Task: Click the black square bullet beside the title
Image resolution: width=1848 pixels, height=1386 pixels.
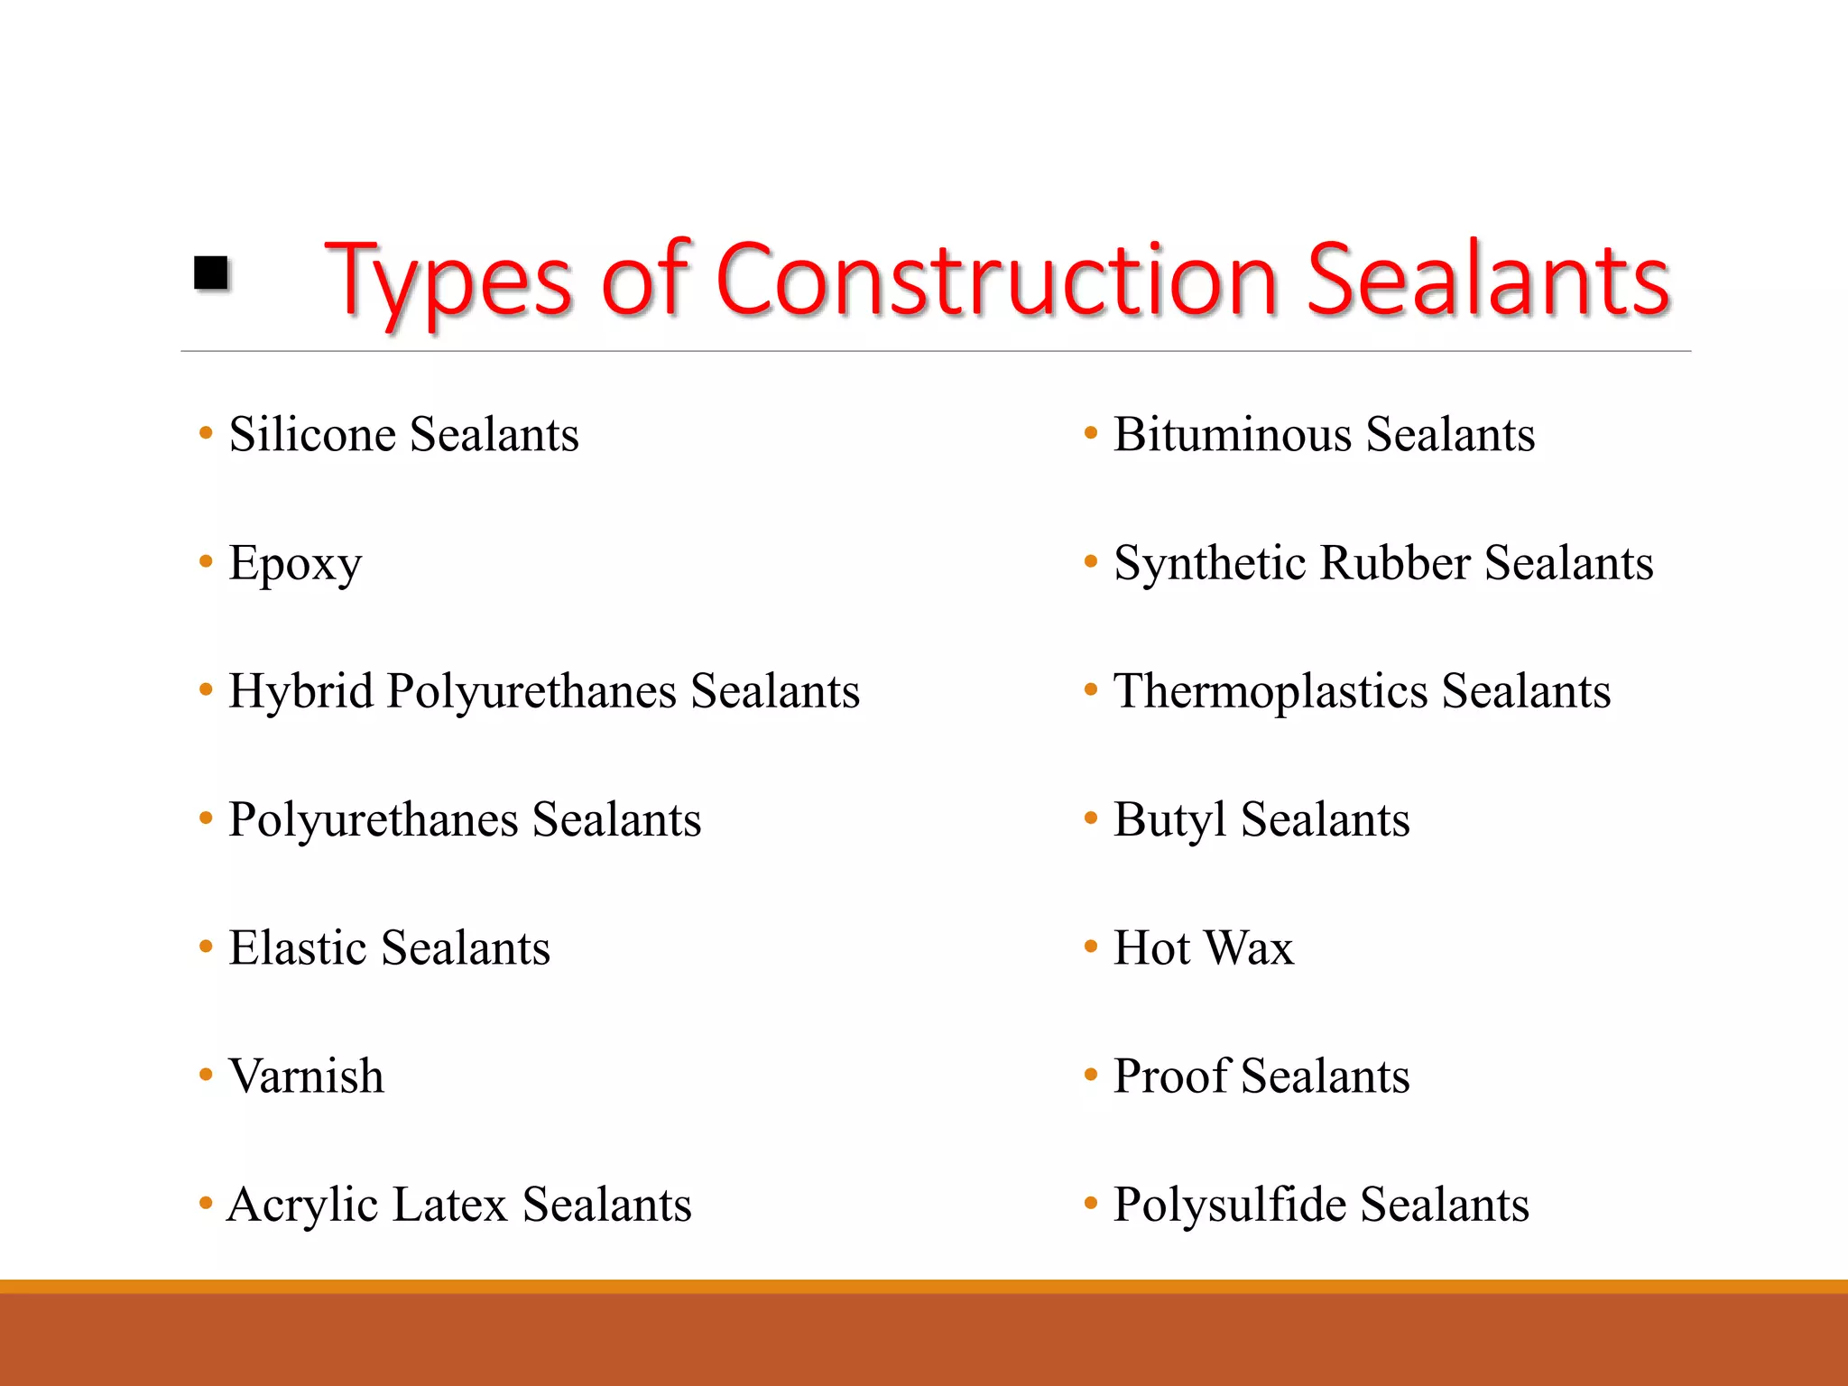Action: tap(211, 273)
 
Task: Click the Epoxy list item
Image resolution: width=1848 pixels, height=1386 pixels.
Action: tap(295, 564)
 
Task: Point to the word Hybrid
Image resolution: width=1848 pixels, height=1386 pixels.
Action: tap(300, 692)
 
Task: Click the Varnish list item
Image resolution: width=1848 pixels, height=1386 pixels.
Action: tap(306, 1076)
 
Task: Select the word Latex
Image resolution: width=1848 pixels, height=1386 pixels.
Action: tap(450, 1206)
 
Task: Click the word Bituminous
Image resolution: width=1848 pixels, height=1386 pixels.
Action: tap(1232, 434)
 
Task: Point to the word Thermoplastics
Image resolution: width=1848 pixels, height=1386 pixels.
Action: tap(1270, 692)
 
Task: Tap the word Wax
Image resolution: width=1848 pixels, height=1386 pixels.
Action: tap(1249, 948)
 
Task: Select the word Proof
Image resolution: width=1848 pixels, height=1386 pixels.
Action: tap(1169, 1076)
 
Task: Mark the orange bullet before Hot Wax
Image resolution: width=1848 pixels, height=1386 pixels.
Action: tap(1091, 947)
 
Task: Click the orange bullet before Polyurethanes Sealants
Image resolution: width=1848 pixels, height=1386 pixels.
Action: tap(206, 819)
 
